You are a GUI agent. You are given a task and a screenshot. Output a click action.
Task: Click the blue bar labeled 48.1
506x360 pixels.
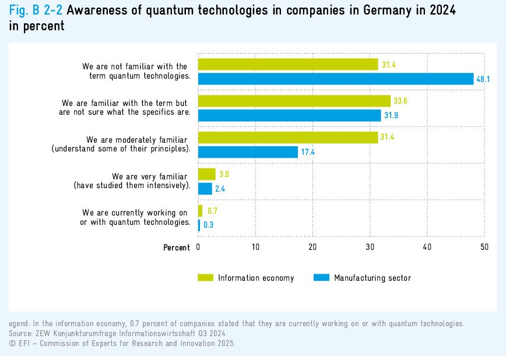(336, 79)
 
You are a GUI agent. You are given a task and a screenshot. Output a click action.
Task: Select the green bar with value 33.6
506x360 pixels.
(294, 101)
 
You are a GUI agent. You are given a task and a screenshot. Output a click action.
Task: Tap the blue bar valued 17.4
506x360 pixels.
(248, 152)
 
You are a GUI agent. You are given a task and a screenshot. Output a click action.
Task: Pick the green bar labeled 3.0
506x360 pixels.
(207, 174)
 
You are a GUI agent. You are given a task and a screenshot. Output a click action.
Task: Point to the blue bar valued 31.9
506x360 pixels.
(289, 115)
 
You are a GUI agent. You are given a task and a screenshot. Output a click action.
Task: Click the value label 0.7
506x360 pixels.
(212, 211)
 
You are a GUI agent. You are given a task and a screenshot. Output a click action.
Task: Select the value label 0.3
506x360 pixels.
(208, 224)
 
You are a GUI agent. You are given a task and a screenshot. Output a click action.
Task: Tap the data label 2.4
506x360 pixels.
(220, 188)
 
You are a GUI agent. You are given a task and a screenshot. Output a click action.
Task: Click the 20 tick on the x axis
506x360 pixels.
(312, 248)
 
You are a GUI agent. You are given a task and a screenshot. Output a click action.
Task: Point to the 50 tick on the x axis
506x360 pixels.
(484, 248)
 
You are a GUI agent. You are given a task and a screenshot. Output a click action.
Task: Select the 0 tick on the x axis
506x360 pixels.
(199, 248)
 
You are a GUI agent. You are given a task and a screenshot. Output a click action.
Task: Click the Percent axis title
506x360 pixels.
(177, 248)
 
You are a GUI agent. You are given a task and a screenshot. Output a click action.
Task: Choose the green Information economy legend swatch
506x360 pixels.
(206, 278)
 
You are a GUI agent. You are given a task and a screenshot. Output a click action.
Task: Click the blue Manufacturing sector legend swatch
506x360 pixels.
(321, 278)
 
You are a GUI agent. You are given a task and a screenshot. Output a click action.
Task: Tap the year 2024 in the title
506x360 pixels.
(436, 10)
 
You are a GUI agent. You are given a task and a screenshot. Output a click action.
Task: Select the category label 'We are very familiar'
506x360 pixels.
(150, 177)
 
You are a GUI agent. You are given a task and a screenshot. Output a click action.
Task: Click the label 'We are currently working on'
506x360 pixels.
(135, 213)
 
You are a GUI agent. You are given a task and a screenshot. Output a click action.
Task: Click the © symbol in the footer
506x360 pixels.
(12, 344)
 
